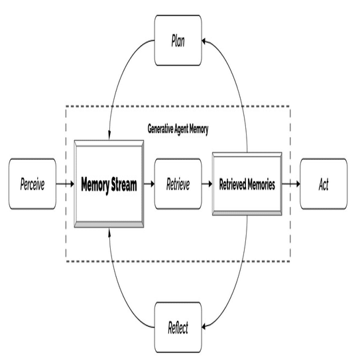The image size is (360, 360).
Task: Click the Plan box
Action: click(178, 40)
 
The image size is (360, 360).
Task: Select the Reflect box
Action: click(178, 327)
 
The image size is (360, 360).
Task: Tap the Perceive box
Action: click(32, 184)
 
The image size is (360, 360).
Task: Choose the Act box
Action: click(324, 184)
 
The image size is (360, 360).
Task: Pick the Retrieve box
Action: click(178, 184)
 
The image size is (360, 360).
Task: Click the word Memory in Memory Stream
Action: click(95, 185)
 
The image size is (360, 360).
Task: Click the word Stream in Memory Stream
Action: click(124, 184)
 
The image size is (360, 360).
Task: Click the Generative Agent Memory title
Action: click(178, 129)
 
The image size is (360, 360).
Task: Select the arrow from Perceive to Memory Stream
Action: click(65, 184)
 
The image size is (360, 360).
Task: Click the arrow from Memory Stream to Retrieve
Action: click(149, 184)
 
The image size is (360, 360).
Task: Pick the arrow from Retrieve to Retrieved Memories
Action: click(207, 184)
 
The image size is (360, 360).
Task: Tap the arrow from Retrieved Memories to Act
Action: click(291, 184)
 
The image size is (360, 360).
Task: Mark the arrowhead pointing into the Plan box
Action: click(204, 41)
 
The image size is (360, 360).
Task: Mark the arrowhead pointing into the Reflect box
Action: click(204, 326)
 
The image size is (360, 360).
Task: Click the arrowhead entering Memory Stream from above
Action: click(109, 135)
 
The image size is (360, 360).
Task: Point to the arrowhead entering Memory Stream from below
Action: click(109, 232)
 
